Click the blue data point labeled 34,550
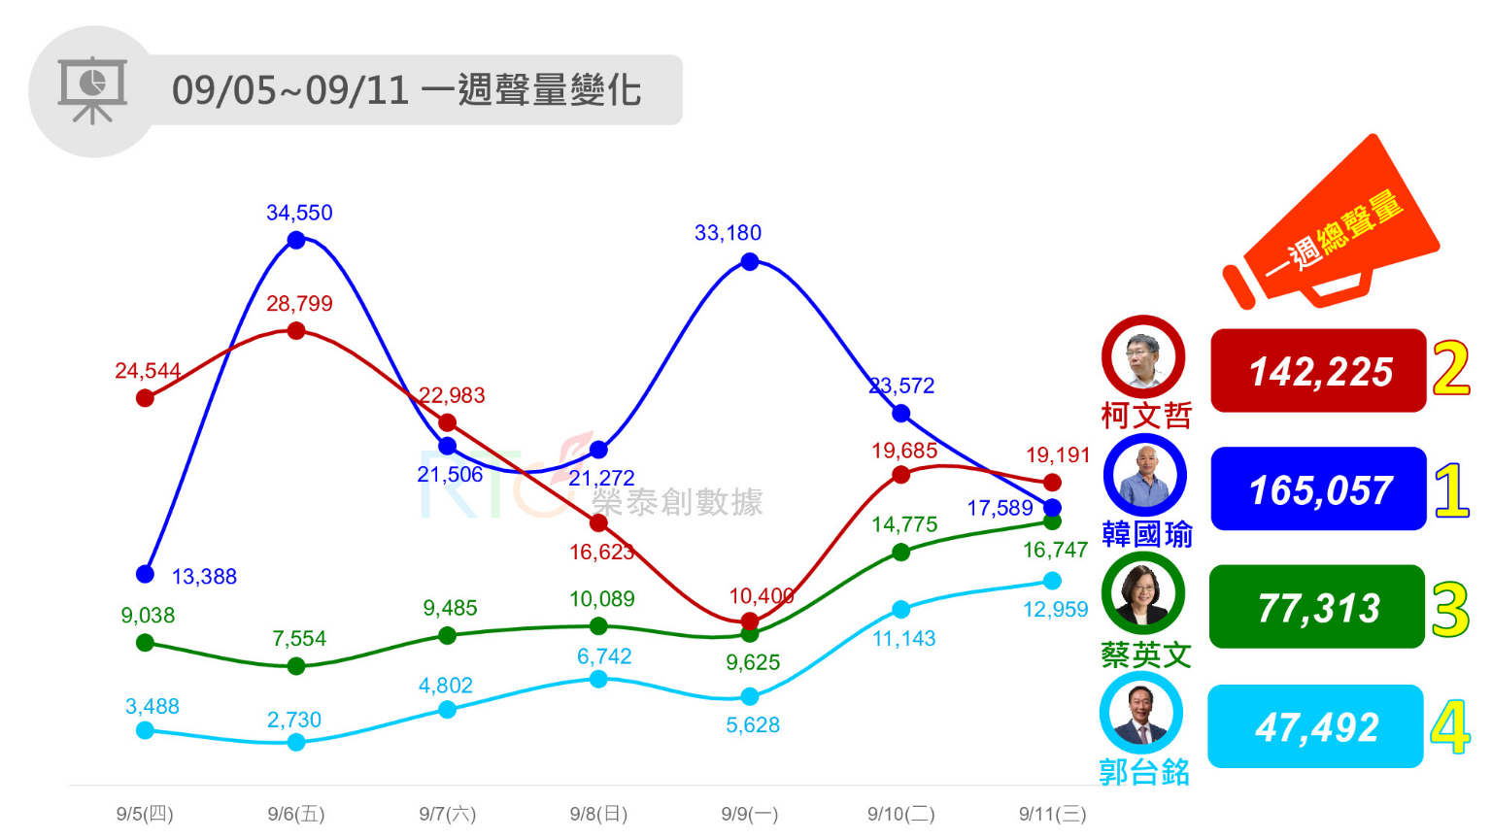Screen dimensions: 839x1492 point(296,240)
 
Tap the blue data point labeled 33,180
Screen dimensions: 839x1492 point(749,261)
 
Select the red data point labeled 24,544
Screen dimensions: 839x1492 point(145,397)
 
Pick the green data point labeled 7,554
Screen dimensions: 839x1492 point(296,666)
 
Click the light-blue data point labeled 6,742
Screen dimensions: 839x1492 point(598,679)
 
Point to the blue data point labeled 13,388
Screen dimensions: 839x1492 point(145,574)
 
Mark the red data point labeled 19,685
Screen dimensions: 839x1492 point(900,474)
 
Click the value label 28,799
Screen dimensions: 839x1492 point(299,304)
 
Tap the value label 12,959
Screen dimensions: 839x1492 point(1055,610)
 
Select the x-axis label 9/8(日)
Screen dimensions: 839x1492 point(598,814)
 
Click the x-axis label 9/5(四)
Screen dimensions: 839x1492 point(145,814)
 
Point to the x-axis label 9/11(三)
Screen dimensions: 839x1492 point(1052,814)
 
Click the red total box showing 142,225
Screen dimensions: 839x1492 point(1318,371)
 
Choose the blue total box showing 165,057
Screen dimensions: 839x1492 point(1318,489)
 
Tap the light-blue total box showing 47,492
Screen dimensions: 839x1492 point(1315,726)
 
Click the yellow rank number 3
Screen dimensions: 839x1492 point(1450,610)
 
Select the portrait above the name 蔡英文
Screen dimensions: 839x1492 point(1143,593)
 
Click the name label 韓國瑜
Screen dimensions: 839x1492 point(1146,534)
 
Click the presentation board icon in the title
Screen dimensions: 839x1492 point(92,90)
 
